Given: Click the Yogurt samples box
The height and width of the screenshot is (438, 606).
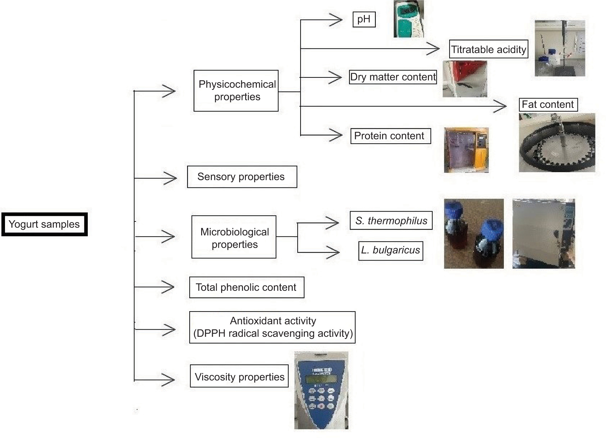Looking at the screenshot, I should point(44,224).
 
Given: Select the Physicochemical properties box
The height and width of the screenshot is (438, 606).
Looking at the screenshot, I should point(236,91).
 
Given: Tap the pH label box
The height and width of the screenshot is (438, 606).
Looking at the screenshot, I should point(364,19).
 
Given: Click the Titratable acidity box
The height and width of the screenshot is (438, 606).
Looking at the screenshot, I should point(489,49).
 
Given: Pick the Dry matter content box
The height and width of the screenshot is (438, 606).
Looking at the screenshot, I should point(393,77).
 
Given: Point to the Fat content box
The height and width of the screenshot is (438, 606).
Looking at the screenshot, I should point(548,104).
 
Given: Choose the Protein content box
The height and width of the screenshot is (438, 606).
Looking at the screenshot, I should point(390,136).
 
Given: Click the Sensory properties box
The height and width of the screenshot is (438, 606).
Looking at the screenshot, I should point(242,177).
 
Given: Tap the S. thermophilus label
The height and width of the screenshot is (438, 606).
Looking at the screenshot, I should point(391,221).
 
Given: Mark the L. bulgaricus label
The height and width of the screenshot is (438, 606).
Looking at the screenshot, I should point(391,251).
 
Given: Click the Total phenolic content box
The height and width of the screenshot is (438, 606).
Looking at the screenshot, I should point(246,287).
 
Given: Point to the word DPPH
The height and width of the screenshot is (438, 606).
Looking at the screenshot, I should point(211,333).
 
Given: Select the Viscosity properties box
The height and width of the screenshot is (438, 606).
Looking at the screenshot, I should point(239,376).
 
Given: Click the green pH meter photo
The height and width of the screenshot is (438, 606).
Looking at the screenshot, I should point(409,19).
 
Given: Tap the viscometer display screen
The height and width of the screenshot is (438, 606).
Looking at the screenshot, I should point(321,379).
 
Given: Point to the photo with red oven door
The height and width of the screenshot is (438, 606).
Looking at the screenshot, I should point(465,79).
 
